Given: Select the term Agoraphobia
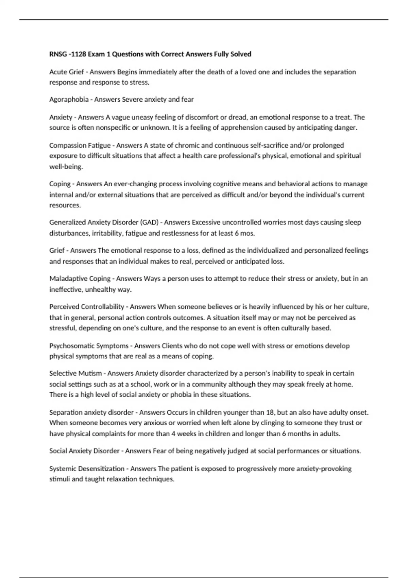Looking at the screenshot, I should pos(69,100).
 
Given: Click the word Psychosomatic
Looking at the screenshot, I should pos(71,346).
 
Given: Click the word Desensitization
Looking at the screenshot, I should pos(101,469).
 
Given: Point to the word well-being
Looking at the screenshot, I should pos(66,167).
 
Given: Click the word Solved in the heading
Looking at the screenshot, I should pos(241,54).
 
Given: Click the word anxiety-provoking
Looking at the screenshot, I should pos(324,469).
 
